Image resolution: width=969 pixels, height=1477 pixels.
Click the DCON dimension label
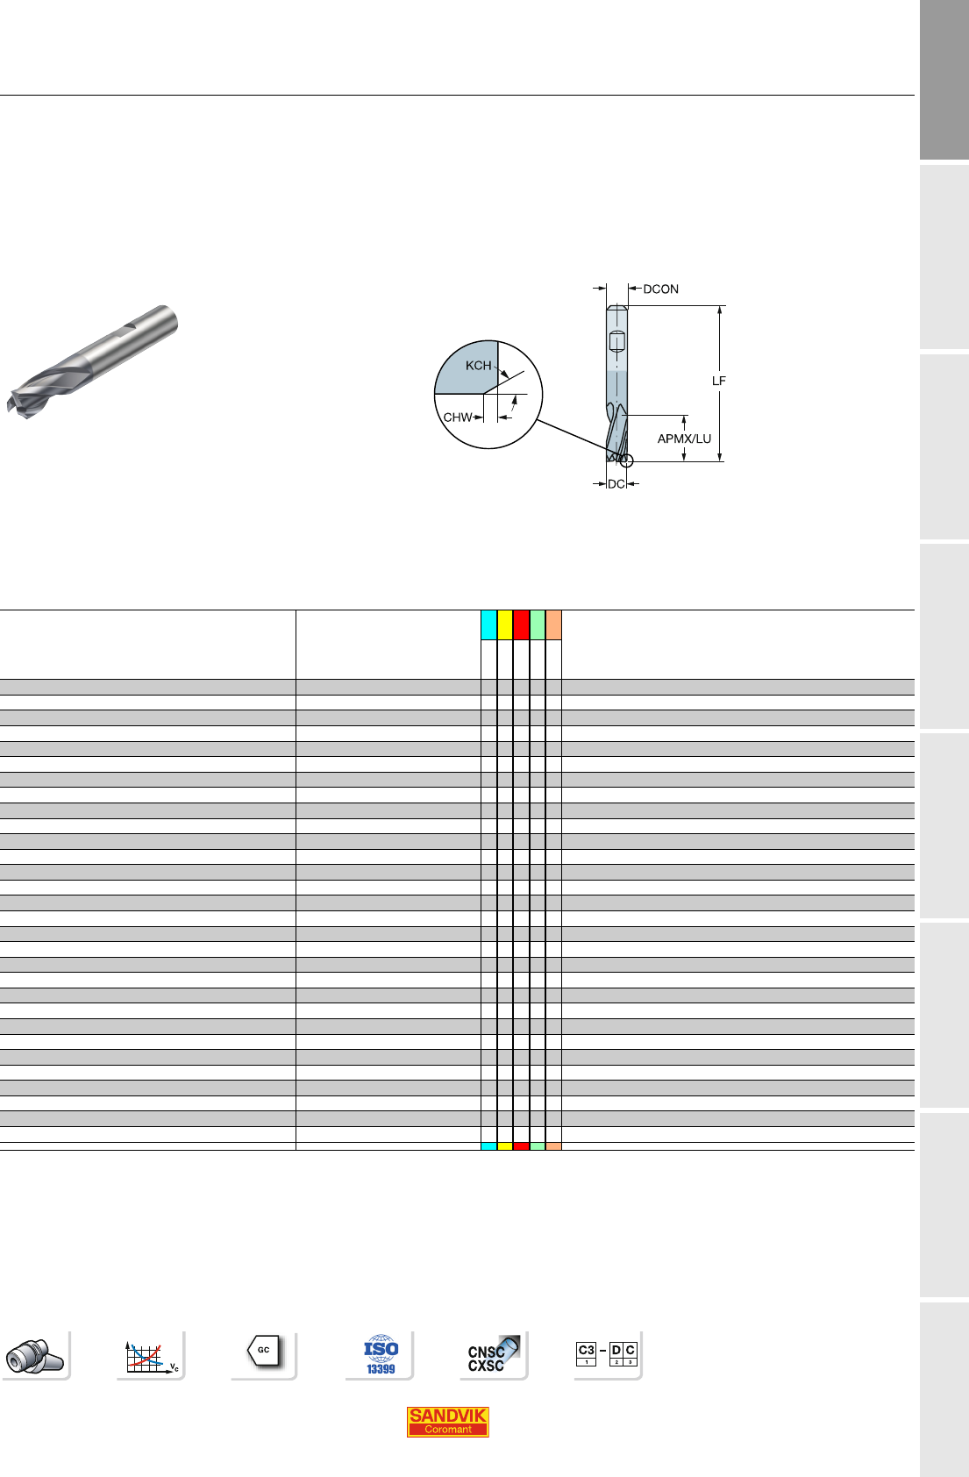point(660,289)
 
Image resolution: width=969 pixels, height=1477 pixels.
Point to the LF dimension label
point(718,381)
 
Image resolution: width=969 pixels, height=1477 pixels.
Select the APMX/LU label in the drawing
point(684,439)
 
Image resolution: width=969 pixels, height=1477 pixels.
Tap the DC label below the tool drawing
point(616,484)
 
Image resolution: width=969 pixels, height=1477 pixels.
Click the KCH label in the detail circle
point(479,365)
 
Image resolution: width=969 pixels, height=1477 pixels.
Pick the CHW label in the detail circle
point(458,417)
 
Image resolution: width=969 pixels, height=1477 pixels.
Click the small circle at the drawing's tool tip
point(627,460)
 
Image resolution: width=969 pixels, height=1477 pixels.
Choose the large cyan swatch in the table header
point(488,624)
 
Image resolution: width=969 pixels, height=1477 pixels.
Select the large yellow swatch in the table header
point(505,624)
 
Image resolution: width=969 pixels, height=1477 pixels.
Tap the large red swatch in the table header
point(521,624)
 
